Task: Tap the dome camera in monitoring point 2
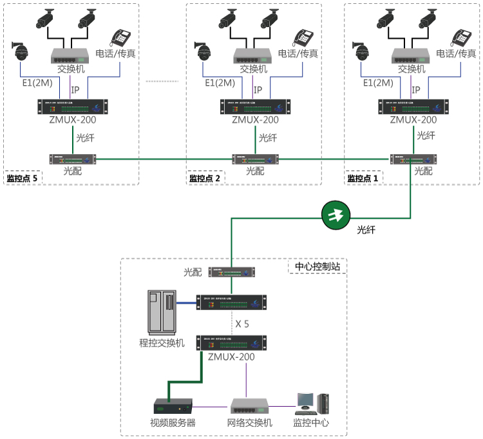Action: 204,50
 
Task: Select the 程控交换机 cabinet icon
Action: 162,312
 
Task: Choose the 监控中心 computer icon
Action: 311,404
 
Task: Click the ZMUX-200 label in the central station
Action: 231,356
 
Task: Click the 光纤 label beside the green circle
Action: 366,228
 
